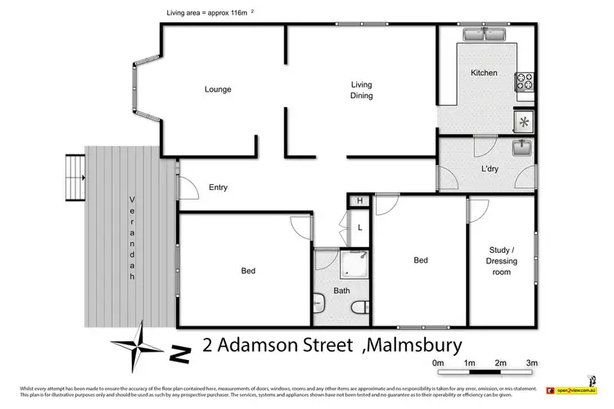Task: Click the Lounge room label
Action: pos(218,89)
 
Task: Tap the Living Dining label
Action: pos(362,90)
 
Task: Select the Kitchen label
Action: pos(484,74)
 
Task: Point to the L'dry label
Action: pos(490,169)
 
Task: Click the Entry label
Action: pos(218,187)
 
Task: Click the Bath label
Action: pos(341,291)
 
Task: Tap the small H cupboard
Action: pos(358,201)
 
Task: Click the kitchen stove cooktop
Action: pos(524,82)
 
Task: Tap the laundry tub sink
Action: pos(522,149)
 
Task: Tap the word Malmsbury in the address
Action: pos(415,345)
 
